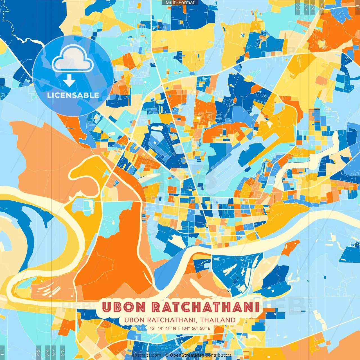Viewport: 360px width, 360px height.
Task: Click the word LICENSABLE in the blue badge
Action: [x=73, y=95]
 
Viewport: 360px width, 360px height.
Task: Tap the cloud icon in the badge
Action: [x=73, y=59]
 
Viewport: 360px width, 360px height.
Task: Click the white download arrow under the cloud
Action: [x=69, y=81]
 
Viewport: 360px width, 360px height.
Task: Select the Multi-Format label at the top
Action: [x=180, y=3]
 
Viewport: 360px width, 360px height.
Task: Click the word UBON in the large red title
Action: [x=124, y=307]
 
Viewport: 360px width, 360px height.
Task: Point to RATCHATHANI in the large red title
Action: [x=205, y=307]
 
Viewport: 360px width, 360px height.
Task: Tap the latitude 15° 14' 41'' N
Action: [x=163, y=328]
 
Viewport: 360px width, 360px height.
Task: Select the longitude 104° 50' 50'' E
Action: [x=196, y=328]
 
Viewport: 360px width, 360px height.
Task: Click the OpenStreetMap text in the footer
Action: [x=187, y=355]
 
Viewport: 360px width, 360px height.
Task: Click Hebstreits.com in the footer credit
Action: [x=145, y=355]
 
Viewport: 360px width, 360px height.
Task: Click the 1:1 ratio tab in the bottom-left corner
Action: [x=2, y=353]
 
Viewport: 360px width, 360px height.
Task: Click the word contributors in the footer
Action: [x=219, y=355]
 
